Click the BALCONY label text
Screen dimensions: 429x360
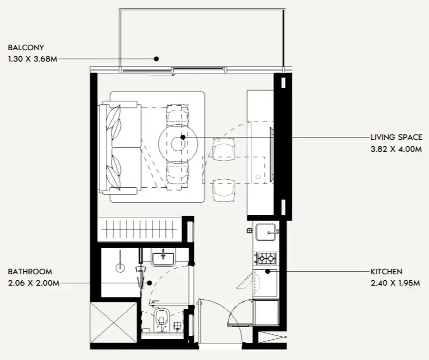click(26, 47)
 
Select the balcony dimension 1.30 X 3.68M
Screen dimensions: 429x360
click(33, 59)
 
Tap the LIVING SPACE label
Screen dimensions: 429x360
click(396, 137)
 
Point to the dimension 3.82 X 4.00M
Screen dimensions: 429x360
click(396, 149)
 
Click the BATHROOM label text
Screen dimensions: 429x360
click(30, 271)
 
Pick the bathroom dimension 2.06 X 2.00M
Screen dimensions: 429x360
click(33, 283)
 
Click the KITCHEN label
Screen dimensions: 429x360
click(386, 271)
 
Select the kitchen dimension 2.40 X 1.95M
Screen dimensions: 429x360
click(396, 283)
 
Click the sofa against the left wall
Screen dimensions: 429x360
click(120, 148)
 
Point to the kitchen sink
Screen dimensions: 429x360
click(266, 232)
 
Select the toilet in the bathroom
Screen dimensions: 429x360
click(162, 320)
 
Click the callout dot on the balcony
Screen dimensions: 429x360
click(156, 59)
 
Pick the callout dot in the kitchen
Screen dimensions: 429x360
click(268, 271)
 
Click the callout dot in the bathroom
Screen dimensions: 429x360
click(150, 283)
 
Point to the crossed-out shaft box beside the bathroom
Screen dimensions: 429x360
click(114, 322)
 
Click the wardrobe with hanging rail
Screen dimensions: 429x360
click(140, 229)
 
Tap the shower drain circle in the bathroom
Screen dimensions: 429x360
click(120, 268)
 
